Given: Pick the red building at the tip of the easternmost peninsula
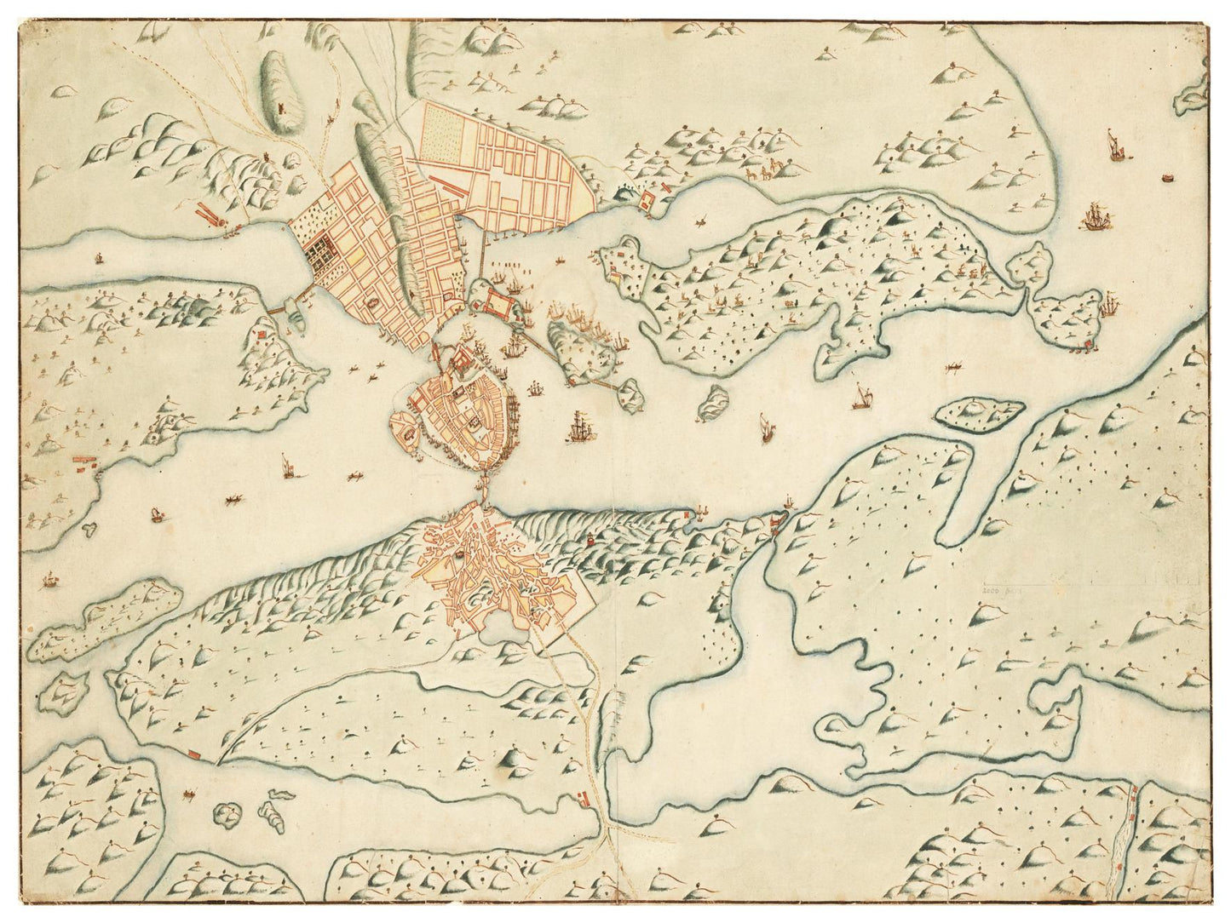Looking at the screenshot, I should tap(1087, 344).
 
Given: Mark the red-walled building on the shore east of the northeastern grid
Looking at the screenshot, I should tap(645, 203).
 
